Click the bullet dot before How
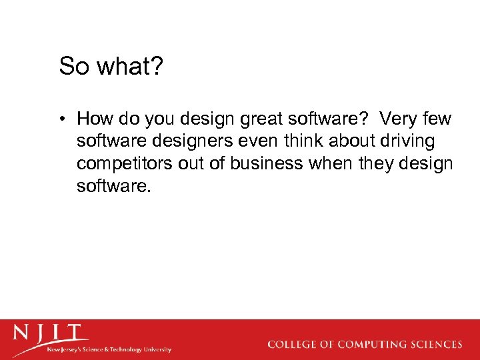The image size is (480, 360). (x=61, y=120)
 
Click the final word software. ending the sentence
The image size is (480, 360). (x=114, y=185)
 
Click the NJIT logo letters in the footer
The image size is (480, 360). (x=49, y=333)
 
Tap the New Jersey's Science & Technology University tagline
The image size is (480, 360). (x=109, y=349)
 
